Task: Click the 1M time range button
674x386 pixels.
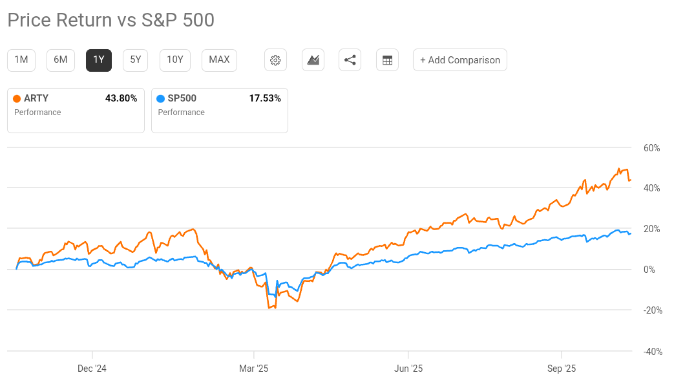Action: pyautogui.click(x=21, y=60)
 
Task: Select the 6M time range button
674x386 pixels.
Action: pyautogui.click(x=60, y=60)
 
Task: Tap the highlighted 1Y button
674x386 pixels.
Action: pyautogui.click(x=99, y=60)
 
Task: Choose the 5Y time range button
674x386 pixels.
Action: pyautogui.click(x=136, y=60)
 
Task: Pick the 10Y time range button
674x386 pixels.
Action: pyautogui.click(x=175, y=60)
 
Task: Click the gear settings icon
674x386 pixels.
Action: pyautogui.click(x=275, y=60)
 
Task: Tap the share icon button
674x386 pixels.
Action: pyautogui.click(x=350, y=60)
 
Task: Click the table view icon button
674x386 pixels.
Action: pyautogui.click(x=387, y=60)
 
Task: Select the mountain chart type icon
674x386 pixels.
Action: pyautogui.click(x=313, y=60)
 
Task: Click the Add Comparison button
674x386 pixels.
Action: pyautogui.click(x=460, y=60)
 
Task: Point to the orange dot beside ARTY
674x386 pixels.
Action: pyautogui.click(x=17, y=99)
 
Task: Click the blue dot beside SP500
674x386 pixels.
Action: pyautogui.click(x=161, y=99)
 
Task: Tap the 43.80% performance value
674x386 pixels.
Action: pyautogui.click(x=121, y=98)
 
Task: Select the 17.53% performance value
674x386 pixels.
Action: pyautogui.click(x=265, y=98)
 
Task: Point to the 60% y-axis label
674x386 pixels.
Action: pyautogui.click(x=651, y=148)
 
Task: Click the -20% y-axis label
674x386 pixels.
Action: pyautogui.click(x=651, y=310)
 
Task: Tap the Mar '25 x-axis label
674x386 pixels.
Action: pyautogui.click(x=253, y=369)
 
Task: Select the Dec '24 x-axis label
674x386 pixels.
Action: pyautogui.click(x=92, y=369)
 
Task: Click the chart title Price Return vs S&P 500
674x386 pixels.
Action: pyautogui.click(x=111, y=20)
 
